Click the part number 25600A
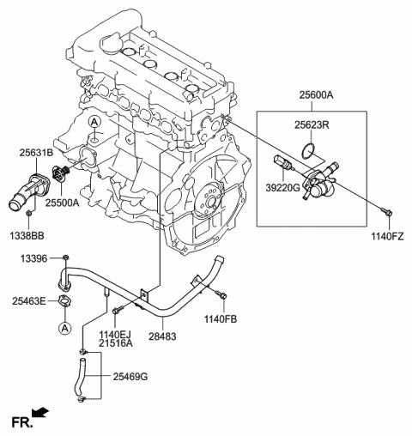[x=316, y=95]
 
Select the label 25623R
[x=312, y=125]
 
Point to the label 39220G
[x=282, y=188]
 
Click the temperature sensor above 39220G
[x=283, y=162]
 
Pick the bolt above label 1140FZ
[x=386, y=213]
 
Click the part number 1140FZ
[x=387, y=236]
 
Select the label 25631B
[x=36, y=153]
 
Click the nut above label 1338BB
[x=28, y=214]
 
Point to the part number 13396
[x=33, y=259]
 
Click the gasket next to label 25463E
[x=65, y=301]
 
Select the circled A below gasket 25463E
[x=65, y=328]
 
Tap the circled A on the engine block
[x=94, y=122]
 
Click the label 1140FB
[x=221, y=319]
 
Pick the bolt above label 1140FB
[x=221, y=294]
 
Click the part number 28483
[x=162, y=336]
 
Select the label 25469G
[x=130, y=377]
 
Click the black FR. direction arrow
[x=40, y=413]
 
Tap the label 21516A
[x=116, y=343]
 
